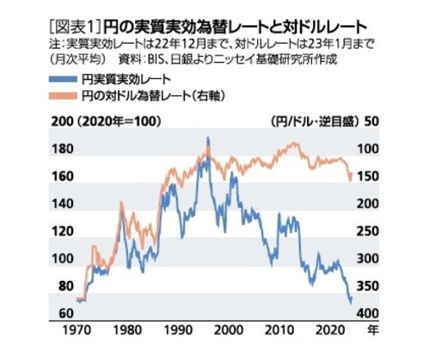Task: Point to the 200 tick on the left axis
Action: tap(62, 120)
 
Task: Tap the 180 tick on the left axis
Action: tap(63, 149)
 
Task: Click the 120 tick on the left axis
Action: tap(63, 231)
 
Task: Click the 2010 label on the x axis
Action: tap(277, 331)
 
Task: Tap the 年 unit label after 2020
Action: tap(369, 331)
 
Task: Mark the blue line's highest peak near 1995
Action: tap(207, 138)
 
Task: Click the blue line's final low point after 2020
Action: tap(349, 302)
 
